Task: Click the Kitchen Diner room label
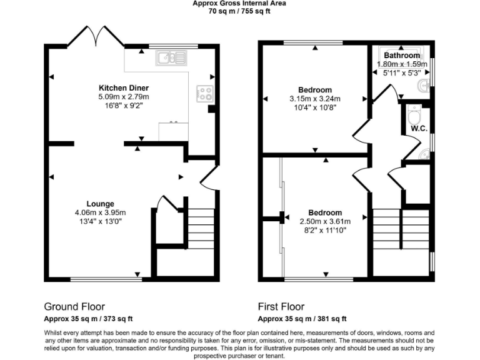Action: click(x=123, y=87)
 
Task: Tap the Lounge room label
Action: click(x=100, y=204)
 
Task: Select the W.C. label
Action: click(x=418, y=129)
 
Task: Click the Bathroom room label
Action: click(x=402, y=56)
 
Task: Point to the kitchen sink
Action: click(x=171, y=58)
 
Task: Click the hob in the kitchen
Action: click(x=204, y=94)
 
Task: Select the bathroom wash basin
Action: click(x=425, y=84)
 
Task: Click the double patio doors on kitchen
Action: click(x=94, y=37)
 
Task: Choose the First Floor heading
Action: click(x=281, y=307)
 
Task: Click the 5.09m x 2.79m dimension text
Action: click(x=123, y=97)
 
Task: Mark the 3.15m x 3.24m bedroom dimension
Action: click(x=314, y=99)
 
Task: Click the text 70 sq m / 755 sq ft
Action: click(x=239, y=11)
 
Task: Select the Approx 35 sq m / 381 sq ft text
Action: click(x=302, y=319)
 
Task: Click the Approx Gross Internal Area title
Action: click(x=239, y=3)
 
